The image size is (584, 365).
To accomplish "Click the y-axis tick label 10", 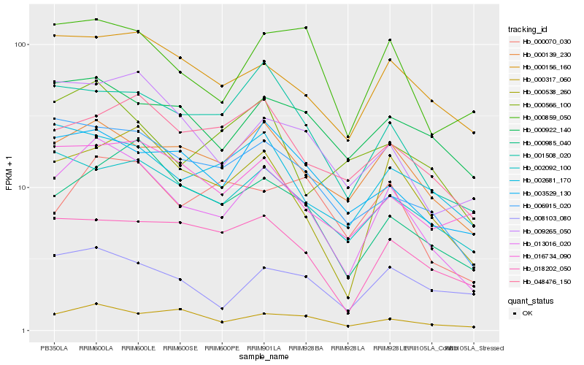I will pos(22,188).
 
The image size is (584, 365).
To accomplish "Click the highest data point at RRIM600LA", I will pos(96,20).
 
